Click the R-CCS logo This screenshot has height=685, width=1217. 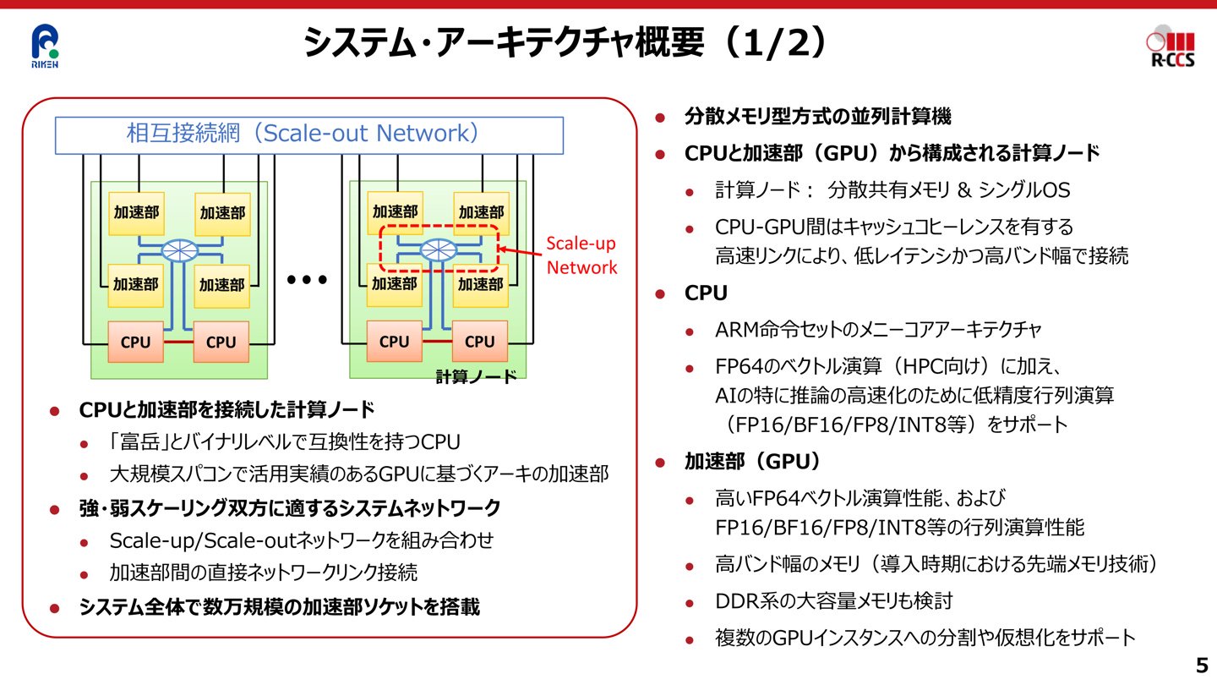[1172, 49]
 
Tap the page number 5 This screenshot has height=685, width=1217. [1201, 663]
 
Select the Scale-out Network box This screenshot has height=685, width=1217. [308, 134]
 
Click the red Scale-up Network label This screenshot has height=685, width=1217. [581, 255]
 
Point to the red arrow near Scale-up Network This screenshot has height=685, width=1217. [520, 249]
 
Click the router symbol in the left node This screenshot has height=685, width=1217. [179, 249]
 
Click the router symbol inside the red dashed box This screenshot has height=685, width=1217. [438, 249]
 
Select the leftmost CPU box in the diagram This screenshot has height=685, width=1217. [135, 342]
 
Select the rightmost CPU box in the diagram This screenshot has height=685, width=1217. [479, 342]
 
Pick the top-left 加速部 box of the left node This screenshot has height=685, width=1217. [136, 213]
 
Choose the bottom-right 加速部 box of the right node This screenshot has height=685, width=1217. [480, 284]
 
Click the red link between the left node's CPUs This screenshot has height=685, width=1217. [178, 342]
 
